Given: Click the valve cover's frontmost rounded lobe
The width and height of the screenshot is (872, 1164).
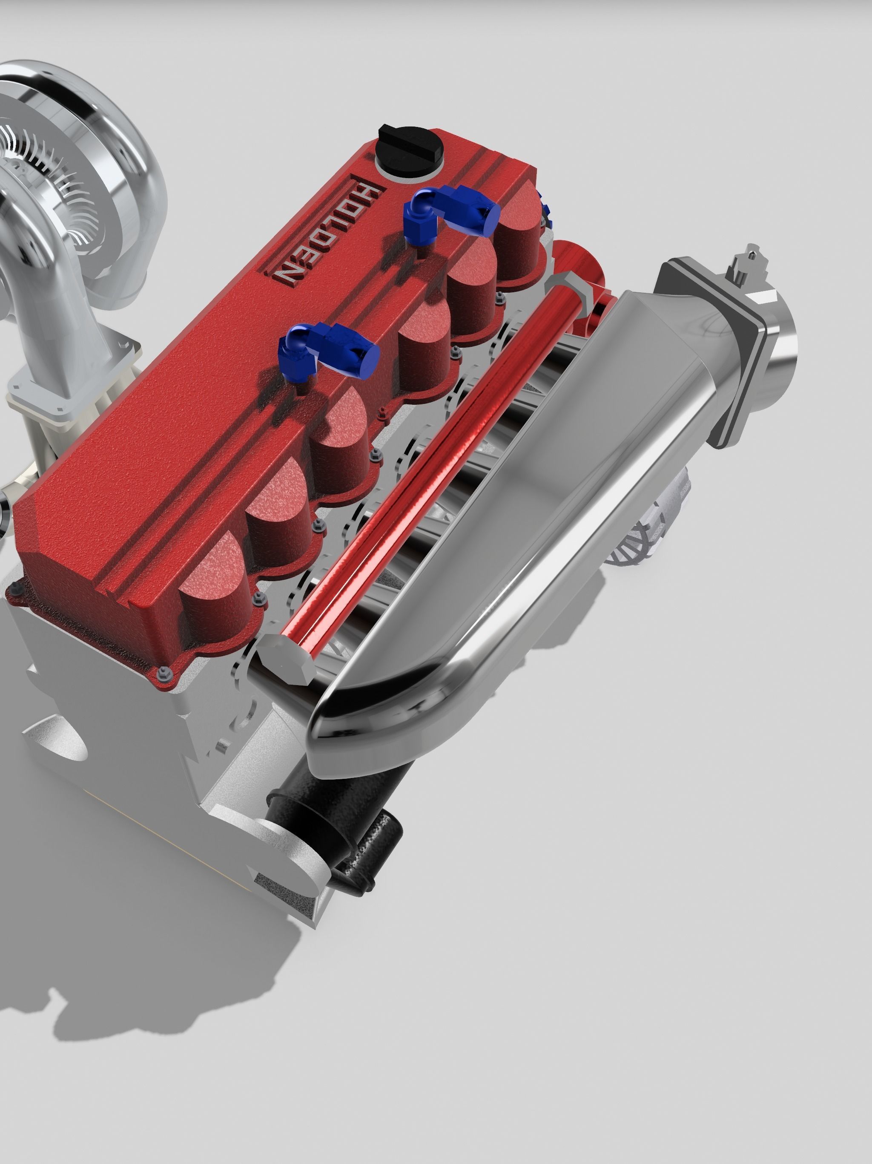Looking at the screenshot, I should [210, 579].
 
